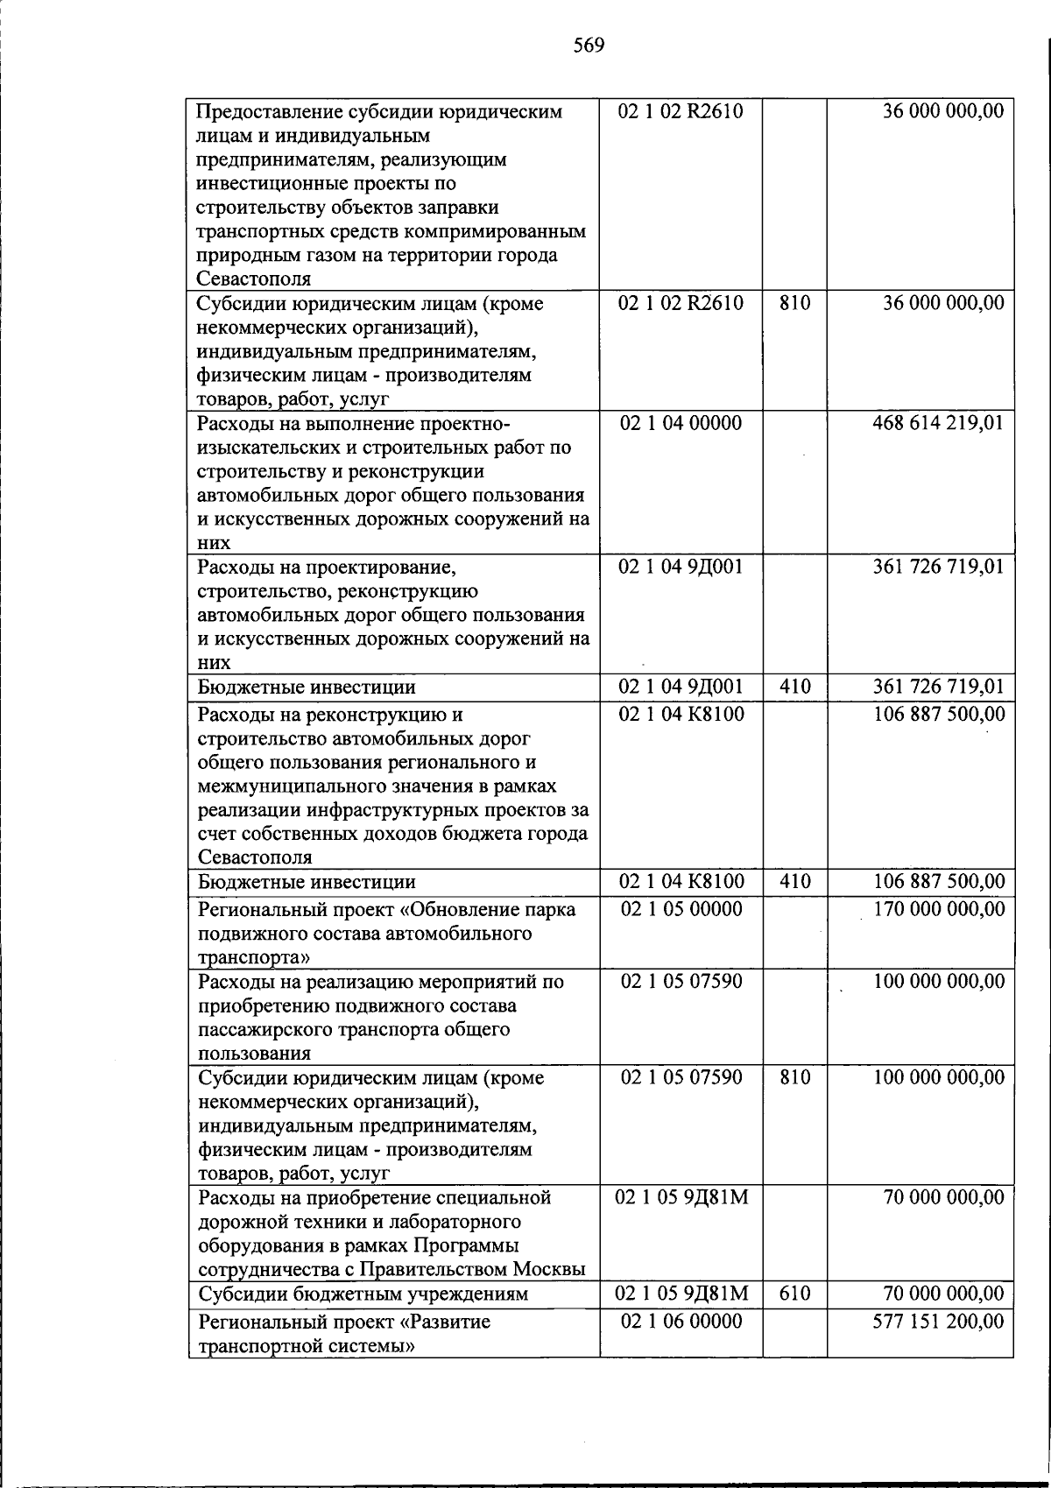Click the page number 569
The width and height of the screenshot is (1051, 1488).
pyautogui.click(x=589, y=46)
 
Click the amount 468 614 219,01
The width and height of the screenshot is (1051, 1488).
pyautogui.click(x=938, y=424)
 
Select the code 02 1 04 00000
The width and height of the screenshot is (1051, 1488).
pyautogui.click(x=681, y=424)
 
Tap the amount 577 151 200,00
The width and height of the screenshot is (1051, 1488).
pyautogui.click(x=938, y=1322)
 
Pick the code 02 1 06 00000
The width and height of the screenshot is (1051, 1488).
pyautogui.click(x=681, y=1322)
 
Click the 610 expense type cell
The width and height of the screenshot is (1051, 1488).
pyautogui.click(x=794, y=1294)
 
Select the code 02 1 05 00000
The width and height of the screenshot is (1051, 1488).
pyautogui.click(x=681, y=910)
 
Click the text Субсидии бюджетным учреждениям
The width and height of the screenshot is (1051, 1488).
pyautogui.click(x=363, y=1294)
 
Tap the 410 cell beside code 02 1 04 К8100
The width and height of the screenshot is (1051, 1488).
pyautogui.click(x=794, y=882)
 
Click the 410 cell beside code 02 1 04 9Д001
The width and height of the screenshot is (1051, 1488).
pyautogui.click(x=794, y=688)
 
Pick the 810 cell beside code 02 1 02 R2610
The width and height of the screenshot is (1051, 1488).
pyautogui.click(x=794, y=304)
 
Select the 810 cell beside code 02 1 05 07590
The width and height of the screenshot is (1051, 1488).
pyautogui.click(x=794, y=1078)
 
